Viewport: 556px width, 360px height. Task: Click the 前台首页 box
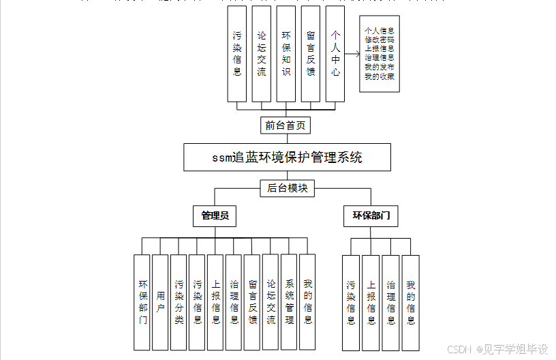click(286, 125)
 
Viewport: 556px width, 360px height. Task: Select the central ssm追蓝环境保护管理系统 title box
click(287, 157)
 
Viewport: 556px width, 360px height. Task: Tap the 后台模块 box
click(287, 188)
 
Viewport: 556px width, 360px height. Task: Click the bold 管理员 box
click(215, 217)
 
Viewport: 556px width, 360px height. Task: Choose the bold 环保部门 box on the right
click(371, 217)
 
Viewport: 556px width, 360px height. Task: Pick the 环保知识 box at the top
click(285, 53)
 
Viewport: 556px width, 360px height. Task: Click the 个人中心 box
click(335, 53)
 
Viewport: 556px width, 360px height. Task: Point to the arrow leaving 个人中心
click(351, 54)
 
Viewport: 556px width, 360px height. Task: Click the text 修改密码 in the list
click(379, 40)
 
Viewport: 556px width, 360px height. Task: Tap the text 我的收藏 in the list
click(379, 76)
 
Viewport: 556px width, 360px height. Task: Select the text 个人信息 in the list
click(379, 31)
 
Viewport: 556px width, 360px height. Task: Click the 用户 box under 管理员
click(160, 302)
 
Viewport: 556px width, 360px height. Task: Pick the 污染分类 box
click(179, 302)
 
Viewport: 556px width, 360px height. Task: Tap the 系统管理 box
click(289, 302)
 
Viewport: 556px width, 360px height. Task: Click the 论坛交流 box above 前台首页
click(261, 53)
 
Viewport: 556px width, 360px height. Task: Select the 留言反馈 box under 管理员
click(252, 302)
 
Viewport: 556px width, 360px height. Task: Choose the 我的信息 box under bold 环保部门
click(410, 302)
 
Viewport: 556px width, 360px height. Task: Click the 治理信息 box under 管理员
click(234, 302)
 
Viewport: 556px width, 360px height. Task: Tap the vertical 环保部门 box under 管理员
click(142, 302)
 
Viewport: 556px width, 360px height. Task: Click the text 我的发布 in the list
click(379, 67)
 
